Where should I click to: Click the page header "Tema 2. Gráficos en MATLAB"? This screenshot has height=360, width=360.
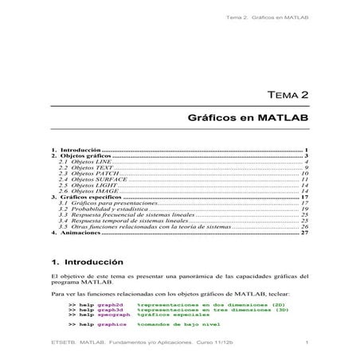266,17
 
